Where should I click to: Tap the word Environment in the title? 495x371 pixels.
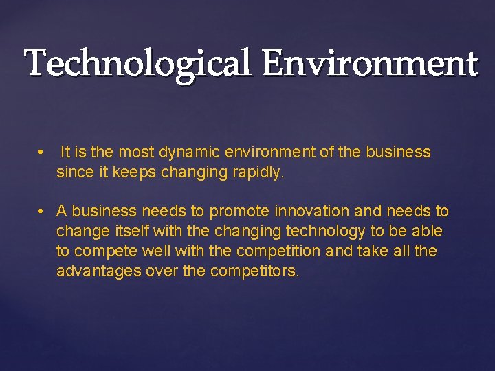[x=369, y=65]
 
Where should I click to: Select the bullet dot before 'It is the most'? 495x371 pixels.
[x=43, y=153]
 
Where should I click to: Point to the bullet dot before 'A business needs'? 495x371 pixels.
[x=43, y=212]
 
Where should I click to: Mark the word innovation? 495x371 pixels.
[x=311, y=212]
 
